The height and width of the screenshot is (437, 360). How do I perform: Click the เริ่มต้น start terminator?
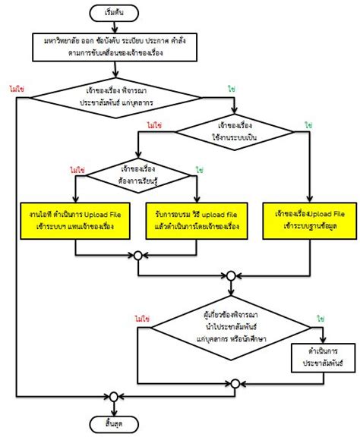coord(114,13)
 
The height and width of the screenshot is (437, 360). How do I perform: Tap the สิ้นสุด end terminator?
coord(114,423)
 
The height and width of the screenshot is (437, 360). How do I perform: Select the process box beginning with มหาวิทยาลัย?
coord(114,47)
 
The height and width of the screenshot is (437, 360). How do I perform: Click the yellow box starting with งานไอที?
coord(75,220)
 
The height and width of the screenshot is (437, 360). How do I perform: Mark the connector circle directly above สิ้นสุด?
coord(114,397)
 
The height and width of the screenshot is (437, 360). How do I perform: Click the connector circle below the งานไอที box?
coord(137,256)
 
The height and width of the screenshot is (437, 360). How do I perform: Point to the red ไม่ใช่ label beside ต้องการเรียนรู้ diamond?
coord(76,170)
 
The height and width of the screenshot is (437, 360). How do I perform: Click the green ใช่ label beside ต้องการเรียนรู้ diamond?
coord(198,170)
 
